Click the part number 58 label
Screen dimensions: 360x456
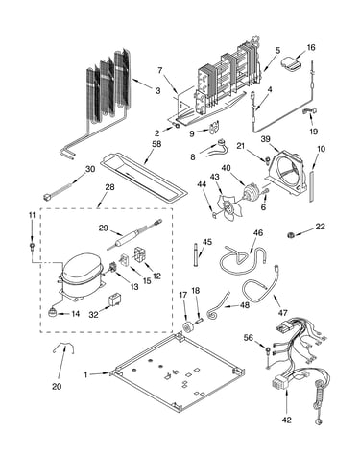(156, 144)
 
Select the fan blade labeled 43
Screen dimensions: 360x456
(229, 206)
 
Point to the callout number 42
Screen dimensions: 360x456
(287, 420)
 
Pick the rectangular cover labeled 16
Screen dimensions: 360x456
(292, 63)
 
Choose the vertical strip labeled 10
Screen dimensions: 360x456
(312, 186)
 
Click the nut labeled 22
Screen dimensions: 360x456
(291, 235)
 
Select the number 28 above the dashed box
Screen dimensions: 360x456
(109, 187)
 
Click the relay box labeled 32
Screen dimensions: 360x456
(115, 300)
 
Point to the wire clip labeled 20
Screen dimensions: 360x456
(63, 347)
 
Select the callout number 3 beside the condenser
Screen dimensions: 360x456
(158, 91)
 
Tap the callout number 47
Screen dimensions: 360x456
(283, 312)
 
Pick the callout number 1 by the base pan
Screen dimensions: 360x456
(85, 374)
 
